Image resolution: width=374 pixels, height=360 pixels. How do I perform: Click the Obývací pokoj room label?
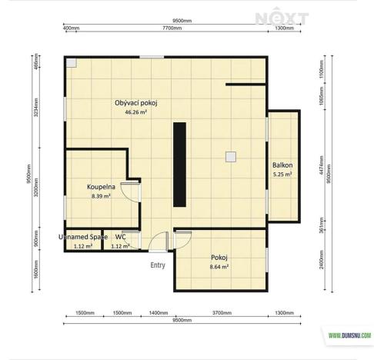[x=135, y=102]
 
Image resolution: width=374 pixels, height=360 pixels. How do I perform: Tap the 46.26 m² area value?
[x=135, y=112]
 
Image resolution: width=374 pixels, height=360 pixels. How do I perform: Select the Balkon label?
[x=282, y=165]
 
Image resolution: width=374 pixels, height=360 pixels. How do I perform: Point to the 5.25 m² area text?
[x=282, y=175]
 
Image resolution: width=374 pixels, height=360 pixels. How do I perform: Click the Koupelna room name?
[x=101, y=187]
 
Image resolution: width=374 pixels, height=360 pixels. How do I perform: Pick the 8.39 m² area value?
[x=101, y=196]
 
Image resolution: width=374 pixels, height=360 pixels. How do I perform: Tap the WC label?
[x=120, y=237]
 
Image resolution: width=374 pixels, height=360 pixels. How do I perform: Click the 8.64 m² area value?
[x=219, y=266]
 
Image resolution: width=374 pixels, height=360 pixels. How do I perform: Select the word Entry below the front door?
[x=158, y=265]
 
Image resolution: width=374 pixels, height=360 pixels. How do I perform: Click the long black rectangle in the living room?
[x=179, y=164]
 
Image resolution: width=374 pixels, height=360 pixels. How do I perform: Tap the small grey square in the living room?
[x=230, y=157]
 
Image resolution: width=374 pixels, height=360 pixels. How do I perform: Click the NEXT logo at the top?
[x=292, y=18]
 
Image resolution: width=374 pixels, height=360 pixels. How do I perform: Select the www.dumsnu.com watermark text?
[x=349, y=335]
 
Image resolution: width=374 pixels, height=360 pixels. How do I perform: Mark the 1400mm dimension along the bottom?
[x=158, y=314]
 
